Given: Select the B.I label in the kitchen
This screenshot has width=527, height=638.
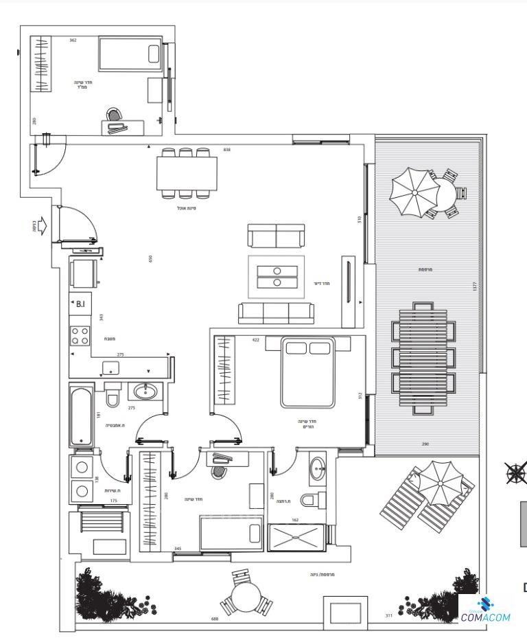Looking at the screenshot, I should (80, 304).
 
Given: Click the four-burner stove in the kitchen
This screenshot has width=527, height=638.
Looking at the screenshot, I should (80, 334).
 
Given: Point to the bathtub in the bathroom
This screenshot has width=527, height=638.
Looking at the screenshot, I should (81, 415).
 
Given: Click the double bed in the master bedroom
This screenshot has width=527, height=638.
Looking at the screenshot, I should (307, 372).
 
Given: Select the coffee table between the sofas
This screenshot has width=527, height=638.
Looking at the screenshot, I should (277, 276).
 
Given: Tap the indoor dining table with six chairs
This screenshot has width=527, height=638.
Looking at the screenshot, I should (187, 174).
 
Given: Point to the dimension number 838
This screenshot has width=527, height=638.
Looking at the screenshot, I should (227, 149).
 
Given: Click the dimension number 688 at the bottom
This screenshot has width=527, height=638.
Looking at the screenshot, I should (215, 619).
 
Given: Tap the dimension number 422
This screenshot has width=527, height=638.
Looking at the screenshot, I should (255, 339).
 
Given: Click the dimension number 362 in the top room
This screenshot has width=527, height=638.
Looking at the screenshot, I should (73, 41).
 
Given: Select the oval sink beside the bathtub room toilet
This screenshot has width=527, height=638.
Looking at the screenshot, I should (145, 392).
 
